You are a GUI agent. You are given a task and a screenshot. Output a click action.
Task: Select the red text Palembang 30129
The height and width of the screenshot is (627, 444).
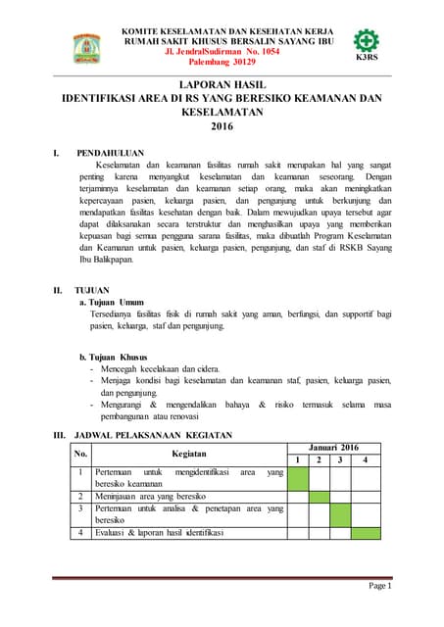pyautogui.click(x=222, y=61)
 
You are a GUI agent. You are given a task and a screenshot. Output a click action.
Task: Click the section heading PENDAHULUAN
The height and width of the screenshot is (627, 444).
pyautogui.click(x=111, y=154)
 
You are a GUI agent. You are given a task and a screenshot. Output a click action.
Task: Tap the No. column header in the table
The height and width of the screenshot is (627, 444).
pyautogui.click(x=81, y=454)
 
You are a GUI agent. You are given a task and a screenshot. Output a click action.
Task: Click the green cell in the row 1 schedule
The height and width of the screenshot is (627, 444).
pyautogui.click(x=297, y=478)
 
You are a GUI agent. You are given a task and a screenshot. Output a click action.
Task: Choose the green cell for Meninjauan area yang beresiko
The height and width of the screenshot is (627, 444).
pyautogui.click(x=319, y=497)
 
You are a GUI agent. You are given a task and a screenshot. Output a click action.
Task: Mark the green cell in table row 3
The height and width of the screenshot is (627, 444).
pyautogui.click(x=340, y=514)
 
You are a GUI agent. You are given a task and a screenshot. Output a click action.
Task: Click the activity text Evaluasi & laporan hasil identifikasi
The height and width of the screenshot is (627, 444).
pyautogui.click(x=160, y=533)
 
